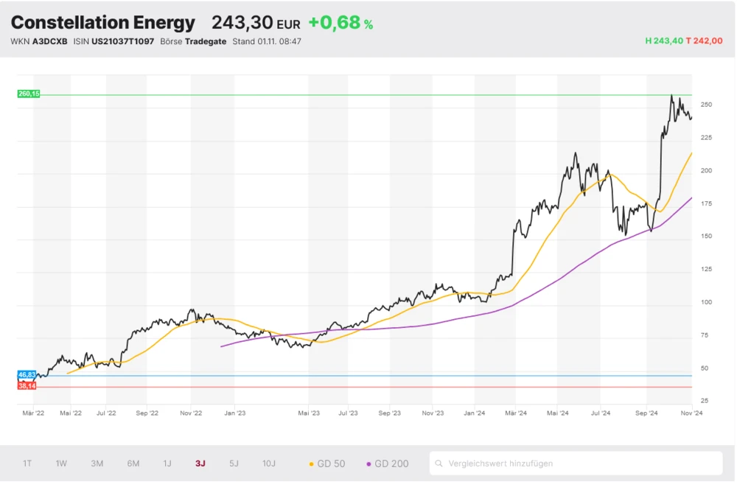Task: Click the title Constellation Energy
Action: click(103, 23)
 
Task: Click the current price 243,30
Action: click(242, 23)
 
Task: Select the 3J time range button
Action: click(200, 463)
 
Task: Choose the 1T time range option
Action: click(27, 463)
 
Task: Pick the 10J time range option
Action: click(269, 463)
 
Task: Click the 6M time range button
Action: click(133, 463)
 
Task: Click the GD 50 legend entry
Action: click(326, 463)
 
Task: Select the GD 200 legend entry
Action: click(388, 463)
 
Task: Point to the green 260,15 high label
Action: click(29, 94)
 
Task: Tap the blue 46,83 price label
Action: click(27, 376)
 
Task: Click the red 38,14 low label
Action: click(27, 386)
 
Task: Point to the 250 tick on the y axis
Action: click(706, 105)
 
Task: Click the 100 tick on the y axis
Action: click(706, 302)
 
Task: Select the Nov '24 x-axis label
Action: click(691, 414)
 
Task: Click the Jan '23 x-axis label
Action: click(235, 414)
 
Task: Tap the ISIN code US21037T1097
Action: click(122, 41)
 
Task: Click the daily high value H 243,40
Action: click(663, 41)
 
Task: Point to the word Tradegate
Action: click(206, 41)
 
